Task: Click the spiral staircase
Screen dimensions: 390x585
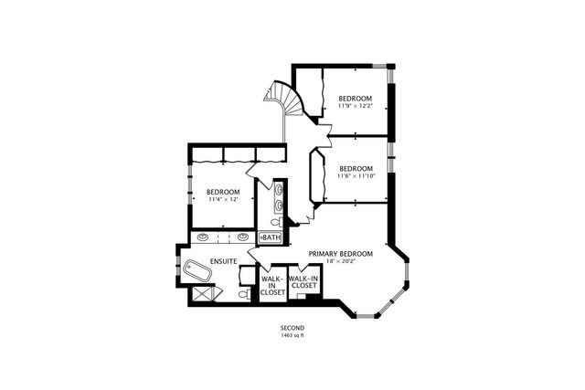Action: pyautogui.click(x=278, y=97)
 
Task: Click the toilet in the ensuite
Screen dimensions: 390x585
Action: pyautogui.click(x=241, y=295)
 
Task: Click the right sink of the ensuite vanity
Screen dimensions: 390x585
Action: pyautogui.click(x=243, y=237)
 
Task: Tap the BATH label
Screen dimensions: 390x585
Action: pyautogui.click(x=272, y=237)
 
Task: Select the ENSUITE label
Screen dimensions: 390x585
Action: pyautogui.click(x=224, y=261)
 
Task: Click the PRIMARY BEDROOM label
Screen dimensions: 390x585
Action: pyautogui.click(x=341, y=253)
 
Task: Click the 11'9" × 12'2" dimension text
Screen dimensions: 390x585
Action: pyautogui.click(x=355, y=106)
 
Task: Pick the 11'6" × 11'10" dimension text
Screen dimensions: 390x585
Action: pyautogui.click(x=355, y=176)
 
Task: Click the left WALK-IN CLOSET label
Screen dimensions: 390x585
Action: pyautogui.click(x=272, y=285)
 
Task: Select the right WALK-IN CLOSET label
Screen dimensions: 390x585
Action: pyautogui.click(x=303, y=281)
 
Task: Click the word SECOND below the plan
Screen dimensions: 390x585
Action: pyautogui.click(x=292, y=328)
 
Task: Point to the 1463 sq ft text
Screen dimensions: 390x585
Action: pyautogui.click(x=292, y=336)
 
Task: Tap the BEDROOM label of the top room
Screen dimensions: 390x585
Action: pyautogui.click(x=355, y=98)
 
